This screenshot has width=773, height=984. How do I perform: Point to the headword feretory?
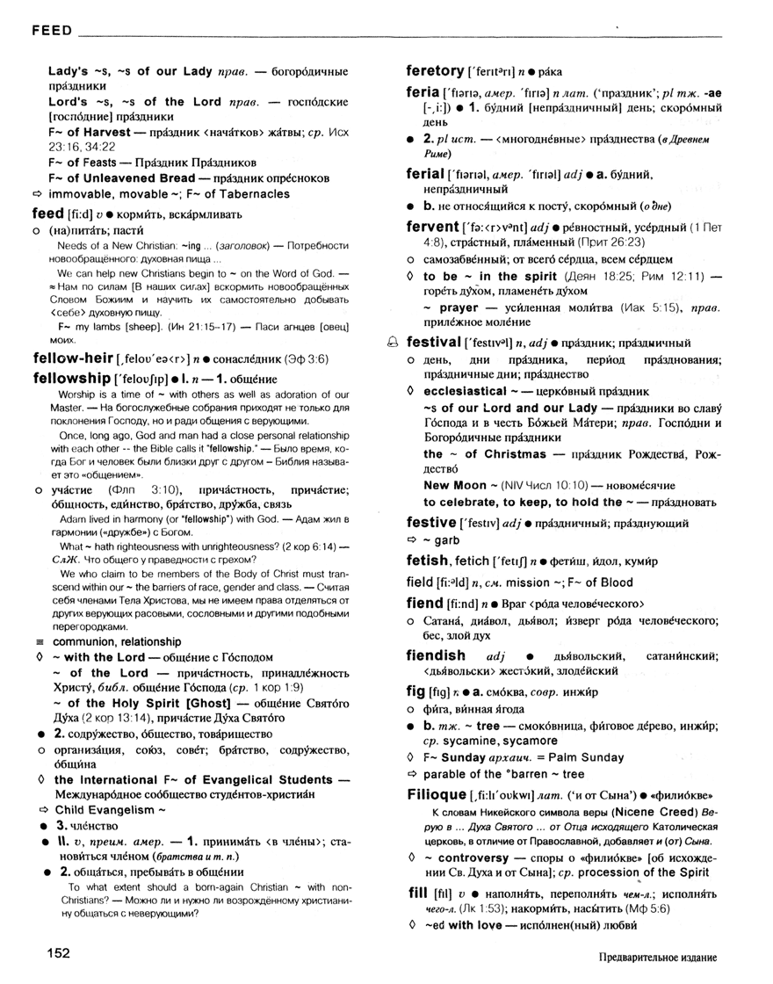(x=435, y=70)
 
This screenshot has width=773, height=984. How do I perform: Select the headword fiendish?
(x=436, y=655)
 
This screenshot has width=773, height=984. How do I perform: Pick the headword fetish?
(x=428, y=560)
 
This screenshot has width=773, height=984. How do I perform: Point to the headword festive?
(x=431, y=523)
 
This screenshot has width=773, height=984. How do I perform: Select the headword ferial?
(x=425, y=174)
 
